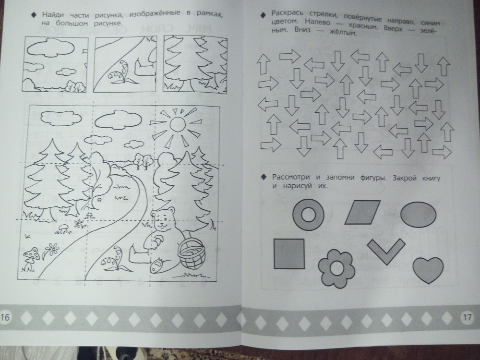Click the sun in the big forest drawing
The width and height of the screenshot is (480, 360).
[x=178, y=124]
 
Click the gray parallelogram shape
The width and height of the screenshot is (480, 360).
[x=363, y=213]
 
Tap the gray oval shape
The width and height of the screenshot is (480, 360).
[x=418, y=214]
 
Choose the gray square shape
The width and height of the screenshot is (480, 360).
[x=289, y=254]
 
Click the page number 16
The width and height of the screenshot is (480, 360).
[x=5, y=316]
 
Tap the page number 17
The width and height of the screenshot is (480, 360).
[x=467, y=317]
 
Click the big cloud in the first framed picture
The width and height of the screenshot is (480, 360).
[x=51, y=48]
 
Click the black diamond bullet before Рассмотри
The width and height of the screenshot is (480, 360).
[x=263, y=178]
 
